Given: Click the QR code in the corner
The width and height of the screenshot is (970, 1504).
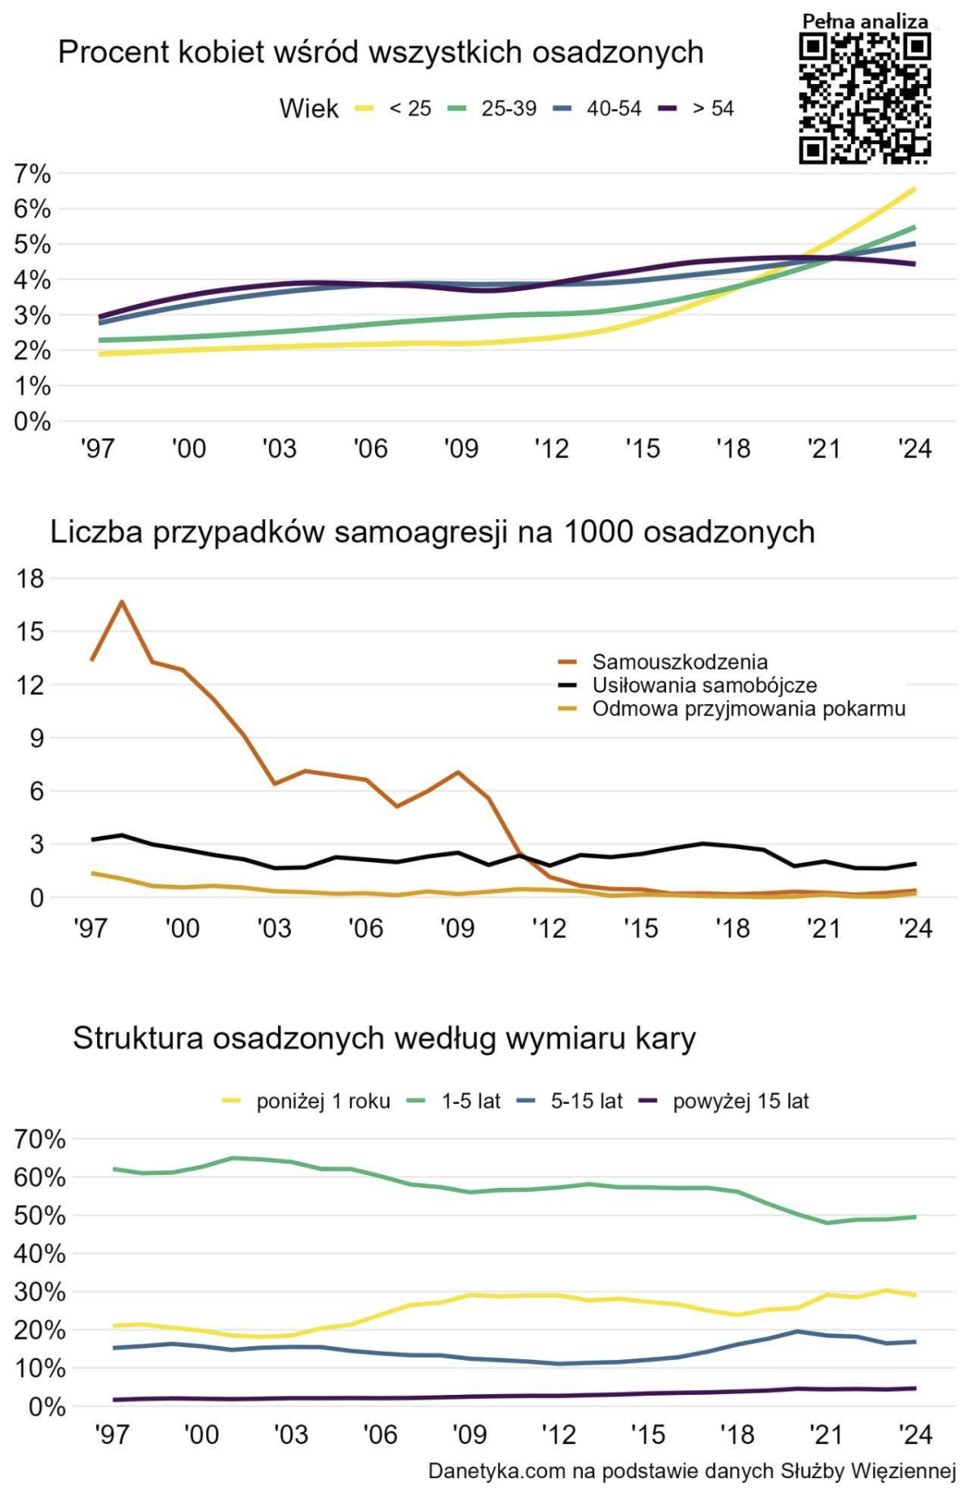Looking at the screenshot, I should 865,99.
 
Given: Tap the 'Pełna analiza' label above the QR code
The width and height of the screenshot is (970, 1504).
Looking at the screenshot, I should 865,22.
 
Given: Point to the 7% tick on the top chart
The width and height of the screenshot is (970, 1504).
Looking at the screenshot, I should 32,174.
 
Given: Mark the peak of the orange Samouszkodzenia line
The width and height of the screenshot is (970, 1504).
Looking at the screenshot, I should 122,602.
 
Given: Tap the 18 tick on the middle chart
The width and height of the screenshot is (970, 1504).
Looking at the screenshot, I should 31,578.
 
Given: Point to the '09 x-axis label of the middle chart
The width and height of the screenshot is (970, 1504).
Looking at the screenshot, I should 458,928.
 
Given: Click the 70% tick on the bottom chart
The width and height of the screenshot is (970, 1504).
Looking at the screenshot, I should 40,1139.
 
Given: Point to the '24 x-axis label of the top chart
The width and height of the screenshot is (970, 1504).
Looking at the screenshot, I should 916,449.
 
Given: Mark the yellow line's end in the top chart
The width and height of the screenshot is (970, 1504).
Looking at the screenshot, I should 914,189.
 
